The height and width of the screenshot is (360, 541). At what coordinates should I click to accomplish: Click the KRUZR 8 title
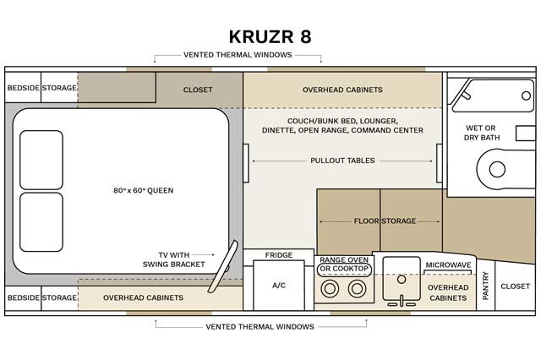pyautogui.click(x=270, y=36)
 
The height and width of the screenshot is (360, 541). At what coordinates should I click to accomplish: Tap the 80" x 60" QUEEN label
pyautogui.click(x=144, y=190)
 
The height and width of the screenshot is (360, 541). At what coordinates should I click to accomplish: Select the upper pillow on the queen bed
pyautogui.click(x=41, y=160)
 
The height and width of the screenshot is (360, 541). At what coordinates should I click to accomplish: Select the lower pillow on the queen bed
pyautogui.click(x=41, y=222)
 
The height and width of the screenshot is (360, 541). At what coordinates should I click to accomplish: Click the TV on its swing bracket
pyautogui.click(x=223, y=266)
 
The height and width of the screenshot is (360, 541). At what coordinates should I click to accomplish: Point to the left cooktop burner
pyautogui.click(x=330, y=288)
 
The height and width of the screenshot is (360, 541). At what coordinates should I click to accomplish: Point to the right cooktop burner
pyautogui.click(x=357, y=288)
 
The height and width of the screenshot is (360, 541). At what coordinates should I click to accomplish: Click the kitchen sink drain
pyautogui.click(x=402, y=280)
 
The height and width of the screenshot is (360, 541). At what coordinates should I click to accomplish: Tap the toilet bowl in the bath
pyautogui.click(x=497, y=169)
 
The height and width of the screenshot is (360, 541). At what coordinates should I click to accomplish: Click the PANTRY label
pyautogui.click(x=486, y=286)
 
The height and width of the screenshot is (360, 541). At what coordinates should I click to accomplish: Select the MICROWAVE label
pyautogui.click(x=448, y=265)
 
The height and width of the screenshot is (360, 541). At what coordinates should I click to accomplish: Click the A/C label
pyautogui.click(x=279, y=285)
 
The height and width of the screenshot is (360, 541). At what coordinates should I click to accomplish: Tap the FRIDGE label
pyautogui.click(x=279, y=255)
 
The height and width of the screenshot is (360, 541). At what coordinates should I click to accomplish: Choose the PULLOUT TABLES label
pyautogui.click(x=342, y=161)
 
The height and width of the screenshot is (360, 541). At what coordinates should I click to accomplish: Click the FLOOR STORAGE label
pyautogui.click(x=385, y=221)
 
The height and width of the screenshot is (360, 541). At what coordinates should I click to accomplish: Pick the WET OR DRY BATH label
pyautogui.click(x=481, y=133)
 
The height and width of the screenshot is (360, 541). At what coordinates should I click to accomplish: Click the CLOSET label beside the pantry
pyautogui.click(x=515, y=286)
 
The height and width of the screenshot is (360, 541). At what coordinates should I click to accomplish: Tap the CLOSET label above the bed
pyautogui.click(x=198, y=90)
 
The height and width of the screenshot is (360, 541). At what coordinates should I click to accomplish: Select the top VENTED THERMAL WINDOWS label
pyautogui.click(x=238, y=55)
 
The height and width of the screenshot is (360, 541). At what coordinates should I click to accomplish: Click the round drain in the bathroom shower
pyautogui.click(x=526, y=95)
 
